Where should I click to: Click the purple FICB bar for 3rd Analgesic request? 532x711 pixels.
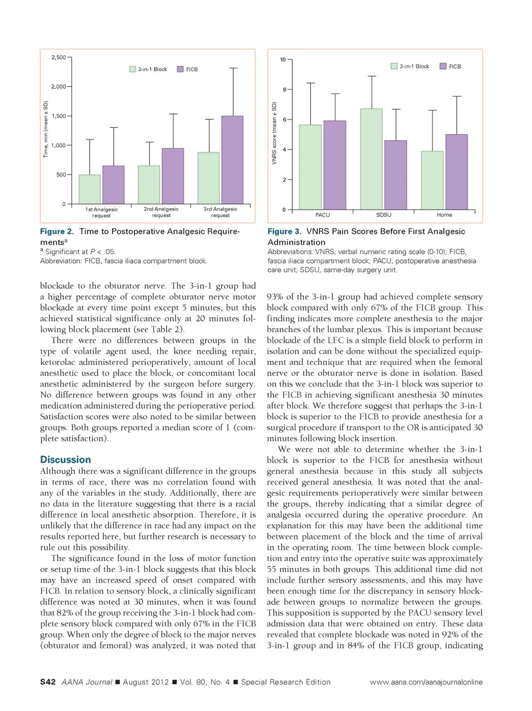point(232,160)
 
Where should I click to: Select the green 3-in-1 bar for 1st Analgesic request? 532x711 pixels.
point(90,189)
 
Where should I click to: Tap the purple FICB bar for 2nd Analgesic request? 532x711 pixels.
point(173,176)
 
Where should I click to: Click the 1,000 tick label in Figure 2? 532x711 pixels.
point(58,146)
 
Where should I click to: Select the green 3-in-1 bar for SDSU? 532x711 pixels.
point(371,159)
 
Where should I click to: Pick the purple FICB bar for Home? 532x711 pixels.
point(457,172)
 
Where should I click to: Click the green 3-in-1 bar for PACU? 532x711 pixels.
point(310,167)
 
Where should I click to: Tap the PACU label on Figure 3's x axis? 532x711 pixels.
point(323,215)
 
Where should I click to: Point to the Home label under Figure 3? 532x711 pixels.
point(444,215)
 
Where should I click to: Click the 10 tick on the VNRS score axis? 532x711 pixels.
point(283,60)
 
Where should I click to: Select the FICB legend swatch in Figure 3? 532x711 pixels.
point(443,66)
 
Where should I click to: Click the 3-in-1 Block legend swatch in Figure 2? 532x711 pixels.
point(132,69)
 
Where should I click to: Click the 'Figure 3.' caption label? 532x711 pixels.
point(284,231)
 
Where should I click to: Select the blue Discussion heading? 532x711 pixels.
point(65,460)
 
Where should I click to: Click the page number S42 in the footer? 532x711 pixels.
point(48,682)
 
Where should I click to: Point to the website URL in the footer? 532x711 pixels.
point(426,682)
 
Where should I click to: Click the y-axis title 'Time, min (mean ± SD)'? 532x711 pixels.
point(46,129)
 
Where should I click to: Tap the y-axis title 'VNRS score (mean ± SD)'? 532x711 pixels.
point(274,133)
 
